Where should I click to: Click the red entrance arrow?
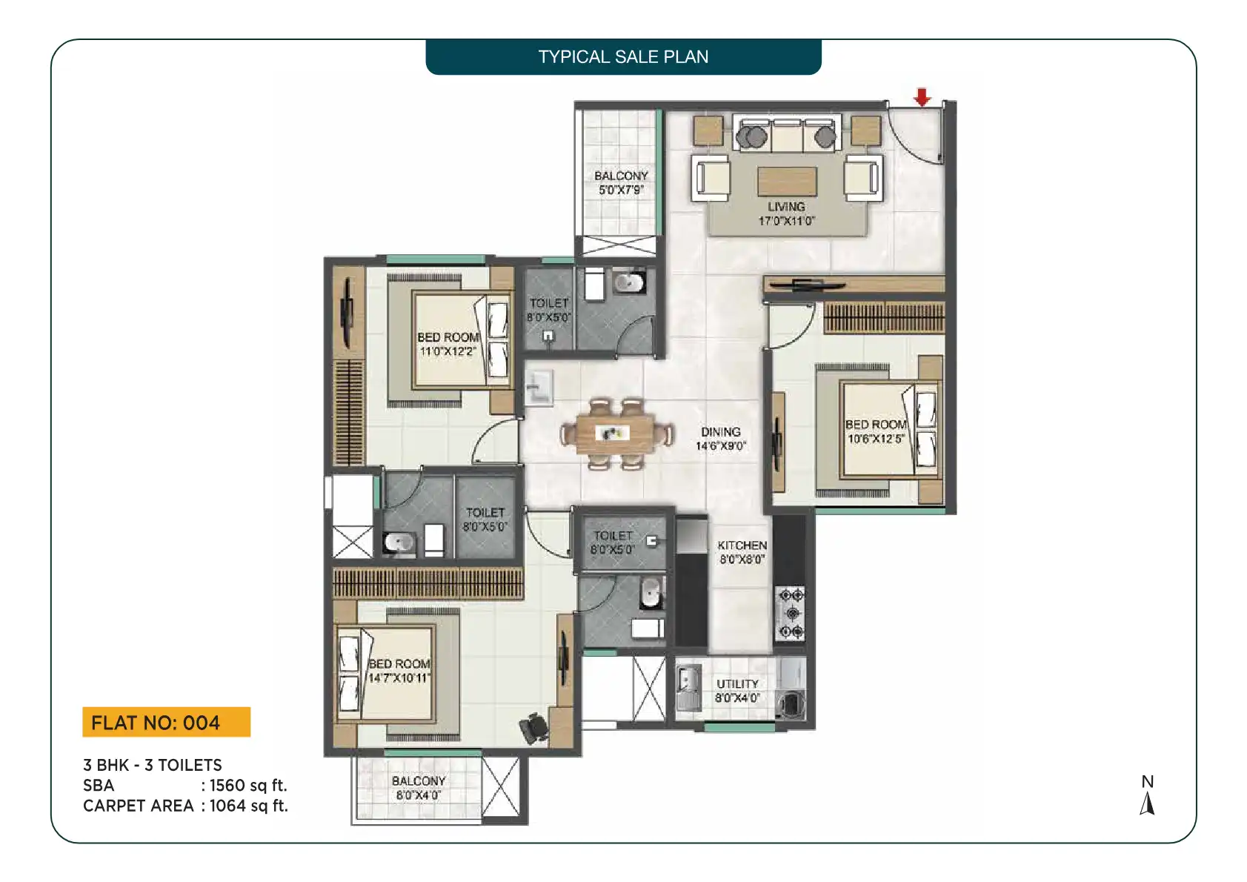(922, 97)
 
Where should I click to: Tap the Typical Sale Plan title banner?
(623, 57)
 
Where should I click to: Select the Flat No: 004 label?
(167, 722)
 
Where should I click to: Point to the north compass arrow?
(1147, 803)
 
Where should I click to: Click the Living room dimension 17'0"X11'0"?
(786, 221)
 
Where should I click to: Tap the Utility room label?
(737, 684)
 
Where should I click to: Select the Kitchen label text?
(742, 546)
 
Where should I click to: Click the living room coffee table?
(787, 182)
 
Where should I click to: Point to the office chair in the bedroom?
(534, 728)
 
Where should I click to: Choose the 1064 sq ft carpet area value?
(249, 806)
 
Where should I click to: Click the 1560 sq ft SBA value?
(248, 785)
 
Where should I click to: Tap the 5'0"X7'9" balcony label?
(621, 190)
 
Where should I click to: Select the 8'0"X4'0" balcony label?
(418, 795)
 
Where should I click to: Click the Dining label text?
(721, 432)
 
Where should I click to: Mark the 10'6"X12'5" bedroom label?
(875, 439)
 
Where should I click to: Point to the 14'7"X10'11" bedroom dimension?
(399, 678)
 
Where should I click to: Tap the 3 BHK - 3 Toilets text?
(153, 765)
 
